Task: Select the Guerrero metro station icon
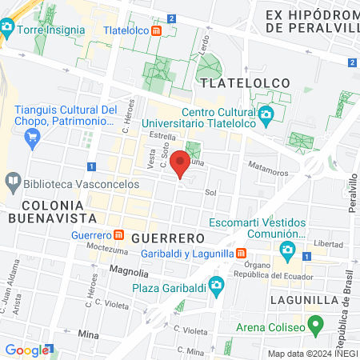pyautogui.click(x=118, y=235)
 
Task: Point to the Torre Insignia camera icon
pyautogui.click(x=7, y=30)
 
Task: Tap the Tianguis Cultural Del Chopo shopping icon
pyautogui.click(x=33, y=138)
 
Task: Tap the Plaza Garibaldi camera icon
pyautogui.click(x=215, y=287)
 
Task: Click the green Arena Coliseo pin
pyautogui.click(x=315, y=326)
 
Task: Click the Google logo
pyautogui.click(x=26, y=350)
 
